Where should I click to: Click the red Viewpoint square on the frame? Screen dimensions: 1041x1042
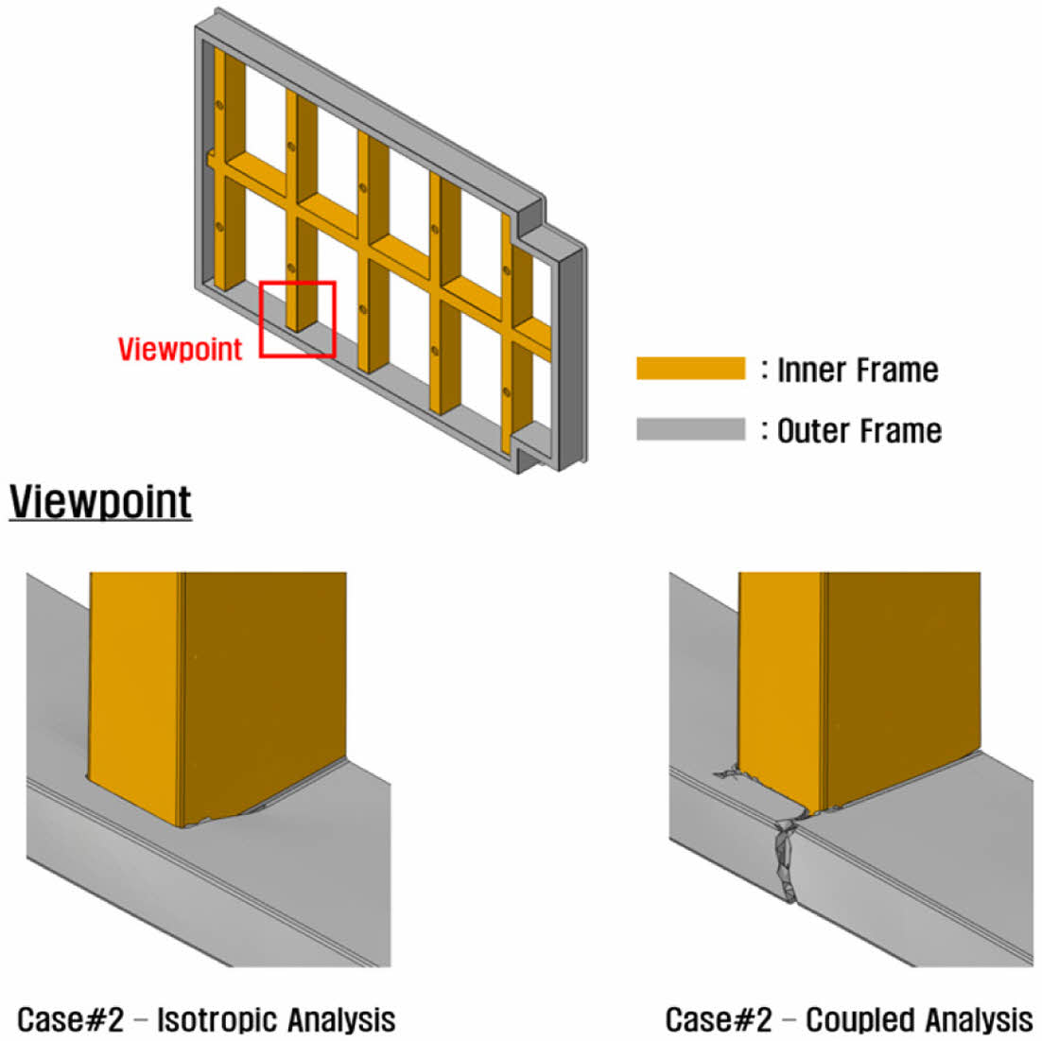298,320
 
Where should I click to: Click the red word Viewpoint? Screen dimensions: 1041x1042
180,349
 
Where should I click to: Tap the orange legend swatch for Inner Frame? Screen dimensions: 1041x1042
690,369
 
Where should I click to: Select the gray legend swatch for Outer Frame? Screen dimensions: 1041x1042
690,429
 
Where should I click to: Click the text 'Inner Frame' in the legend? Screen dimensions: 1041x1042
858,370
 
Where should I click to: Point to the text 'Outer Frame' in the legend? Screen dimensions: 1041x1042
860,431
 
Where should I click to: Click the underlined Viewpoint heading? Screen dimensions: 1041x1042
100,501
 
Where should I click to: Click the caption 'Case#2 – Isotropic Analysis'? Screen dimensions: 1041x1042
207,1019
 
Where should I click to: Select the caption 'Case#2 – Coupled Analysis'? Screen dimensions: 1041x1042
848,1019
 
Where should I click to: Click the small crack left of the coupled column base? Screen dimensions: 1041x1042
728,774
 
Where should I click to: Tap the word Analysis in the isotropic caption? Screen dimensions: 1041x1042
341,1019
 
